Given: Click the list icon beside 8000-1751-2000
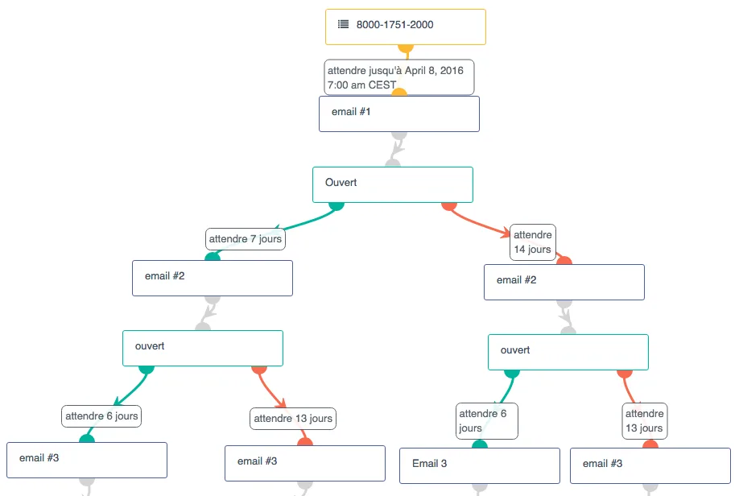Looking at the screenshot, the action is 343,24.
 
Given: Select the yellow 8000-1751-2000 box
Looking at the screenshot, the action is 405,27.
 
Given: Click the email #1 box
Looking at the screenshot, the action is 399,114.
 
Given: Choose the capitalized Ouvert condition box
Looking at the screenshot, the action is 393,185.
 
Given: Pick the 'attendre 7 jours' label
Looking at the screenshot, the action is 245,239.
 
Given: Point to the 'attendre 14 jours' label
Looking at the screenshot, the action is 533,242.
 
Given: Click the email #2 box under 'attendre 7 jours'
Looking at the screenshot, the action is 213,278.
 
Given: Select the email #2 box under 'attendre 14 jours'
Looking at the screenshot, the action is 564,282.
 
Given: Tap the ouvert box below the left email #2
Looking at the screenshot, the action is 203,349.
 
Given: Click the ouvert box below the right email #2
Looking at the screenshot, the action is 568,352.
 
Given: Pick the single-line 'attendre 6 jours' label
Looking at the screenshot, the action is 101,416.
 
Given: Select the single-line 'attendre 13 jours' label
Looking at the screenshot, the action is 293,419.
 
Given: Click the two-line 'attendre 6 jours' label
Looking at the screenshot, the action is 487,421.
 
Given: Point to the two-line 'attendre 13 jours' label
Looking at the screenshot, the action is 644,421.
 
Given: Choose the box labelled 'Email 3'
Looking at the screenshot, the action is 480,466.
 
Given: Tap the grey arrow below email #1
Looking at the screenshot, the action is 397,148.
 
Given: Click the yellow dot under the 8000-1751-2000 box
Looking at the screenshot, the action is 406,48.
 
